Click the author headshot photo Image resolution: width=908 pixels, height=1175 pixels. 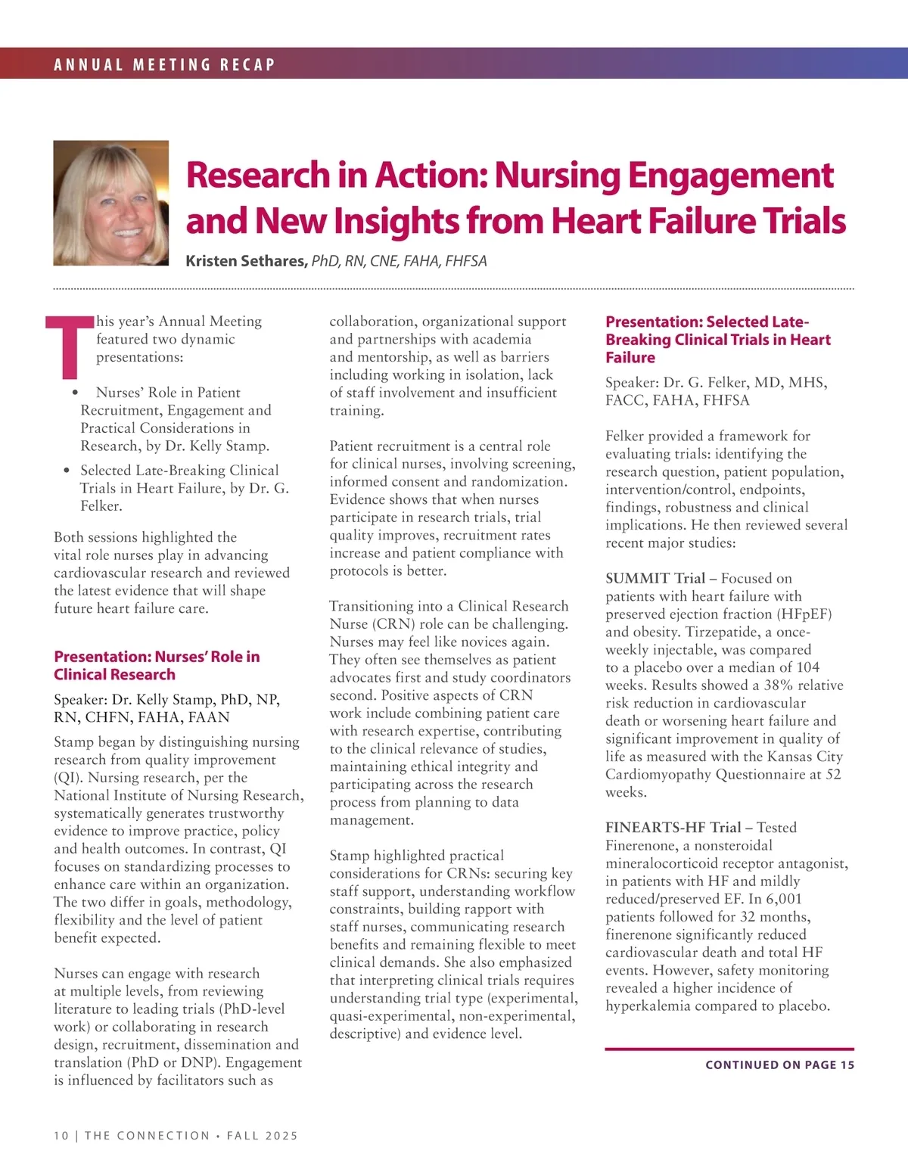111,203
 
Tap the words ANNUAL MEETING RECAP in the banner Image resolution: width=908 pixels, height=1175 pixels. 164,64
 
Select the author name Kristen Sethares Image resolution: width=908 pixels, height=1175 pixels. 246,261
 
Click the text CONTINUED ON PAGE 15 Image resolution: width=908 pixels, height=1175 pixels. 779,1065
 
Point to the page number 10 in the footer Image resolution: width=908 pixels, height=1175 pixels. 61,1136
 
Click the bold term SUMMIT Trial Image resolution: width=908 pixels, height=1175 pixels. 655,579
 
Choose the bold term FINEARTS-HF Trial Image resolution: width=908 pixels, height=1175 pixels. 673,828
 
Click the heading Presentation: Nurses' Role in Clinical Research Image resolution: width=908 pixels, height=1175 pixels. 157,666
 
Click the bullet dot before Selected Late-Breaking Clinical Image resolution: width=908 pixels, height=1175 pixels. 67,471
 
